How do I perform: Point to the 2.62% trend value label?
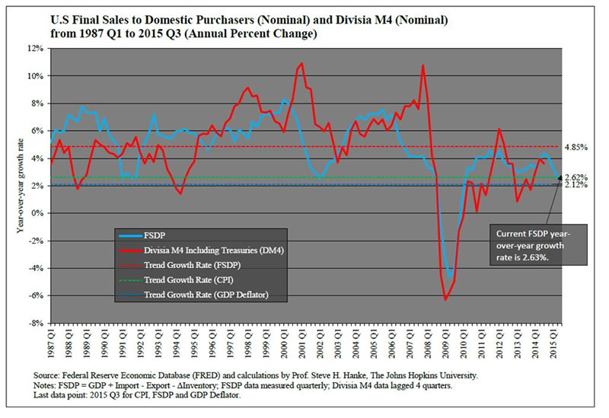point(576,177)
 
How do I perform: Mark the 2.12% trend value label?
point(576,185)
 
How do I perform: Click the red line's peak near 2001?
point(302,63)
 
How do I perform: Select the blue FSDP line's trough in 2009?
point(451,276)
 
